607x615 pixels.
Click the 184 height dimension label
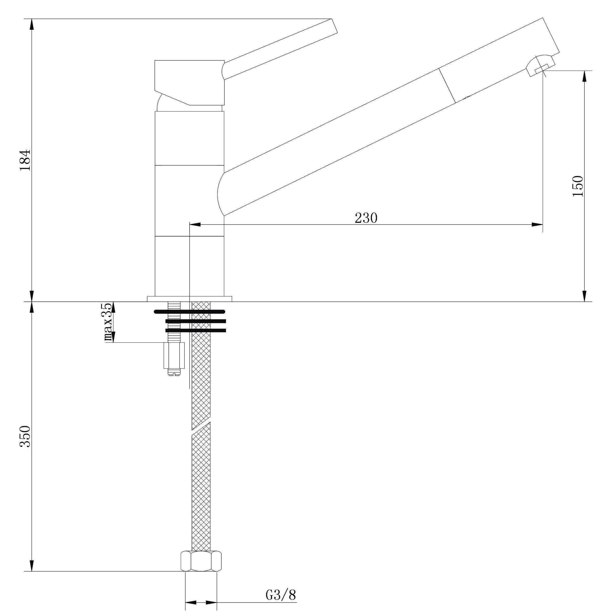pos(25,160)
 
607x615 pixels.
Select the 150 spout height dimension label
pos(577,186)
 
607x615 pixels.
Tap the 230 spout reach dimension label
pos(366,218)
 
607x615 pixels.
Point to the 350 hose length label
pos(25,436)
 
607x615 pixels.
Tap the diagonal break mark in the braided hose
pos(201,426)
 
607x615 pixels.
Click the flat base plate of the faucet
pos(189,298)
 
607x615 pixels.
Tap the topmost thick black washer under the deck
pos(189,311)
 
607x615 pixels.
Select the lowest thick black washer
pos(195,330)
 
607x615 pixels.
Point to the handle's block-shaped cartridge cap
pos(190,83)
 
